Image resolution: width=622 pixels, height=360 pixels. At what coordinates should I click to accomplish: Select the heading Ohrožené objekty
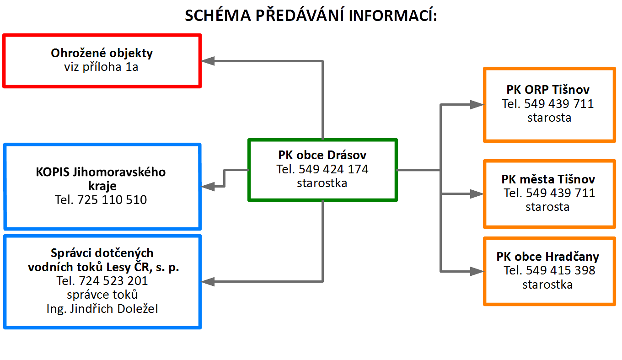102,54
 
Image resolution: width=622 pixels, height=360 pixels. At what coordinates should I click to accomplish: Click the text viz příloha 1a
101,67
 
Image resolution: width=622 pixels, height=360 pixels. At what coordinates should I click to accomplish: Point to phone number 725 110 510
112,200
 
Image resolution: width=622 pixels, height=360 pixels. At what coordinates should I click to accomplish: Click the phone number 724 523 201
113,281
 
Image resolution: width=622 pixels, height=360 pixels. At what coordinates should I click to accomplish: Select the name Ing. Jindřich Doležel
102,309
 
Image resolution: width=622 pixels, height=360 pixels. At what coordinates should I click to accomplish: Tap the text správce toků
102,295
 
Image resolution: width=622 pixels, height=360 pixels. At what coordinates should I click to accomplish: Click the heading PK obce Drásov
322,155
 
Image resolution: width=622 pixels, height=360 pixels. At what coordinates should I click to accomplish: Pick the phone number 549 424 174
333,169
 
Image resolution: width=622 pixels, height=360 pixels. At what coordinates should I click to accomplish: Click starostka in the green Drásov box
322,183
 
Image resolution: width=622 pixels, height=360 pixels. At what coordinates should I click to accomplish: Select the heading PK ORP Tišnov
548,90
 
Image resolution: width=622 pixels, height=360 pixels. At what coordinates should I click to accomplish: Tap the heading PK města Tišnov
548,179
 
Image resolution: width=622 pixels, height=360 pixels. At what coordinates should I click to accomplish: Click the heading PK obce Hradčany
547,257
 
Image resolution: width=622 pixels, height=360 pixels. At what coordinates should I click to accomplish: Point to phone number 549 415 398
561,270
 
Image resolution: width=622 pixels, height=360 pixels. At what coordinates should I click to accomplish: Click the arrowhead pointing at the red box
208,61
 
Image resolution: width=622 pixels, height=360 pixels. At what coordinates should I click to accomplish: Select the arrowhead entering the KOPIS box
208,186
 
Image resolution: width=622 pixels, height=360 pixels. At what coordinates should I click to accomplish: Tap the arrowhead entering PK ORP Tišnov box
477,105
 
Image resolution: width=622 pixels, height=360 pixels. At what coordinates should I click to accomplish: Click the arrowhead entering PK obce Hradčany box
477,271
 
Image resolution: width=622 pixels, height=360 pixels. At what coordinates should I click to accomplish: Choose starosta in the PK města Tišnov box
547,207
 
